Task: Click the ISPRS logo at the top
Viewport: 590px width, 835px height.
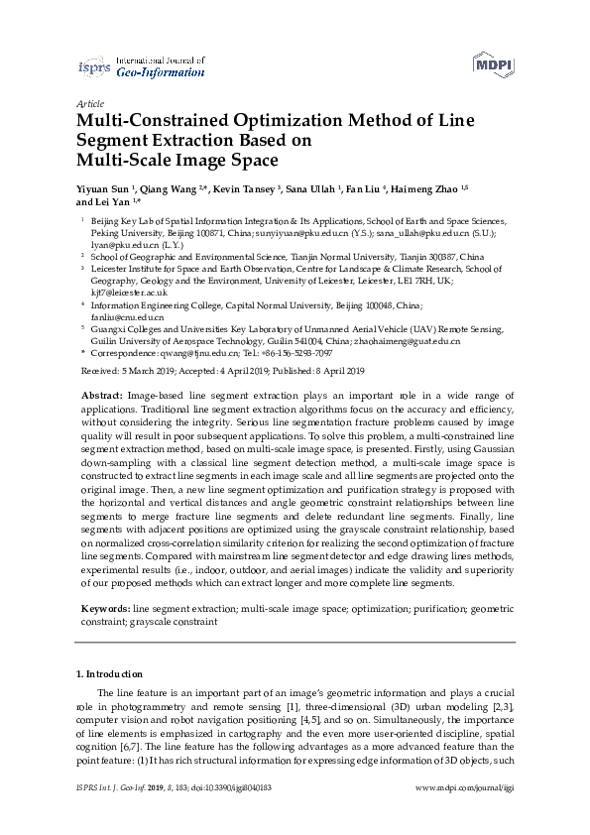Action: (x=94, y=67)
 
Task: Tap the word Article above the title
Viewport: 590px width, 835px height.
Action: (x=89, y=103)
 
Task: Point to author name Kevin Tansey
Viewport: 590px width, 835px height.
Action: (x=246, y=188)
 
